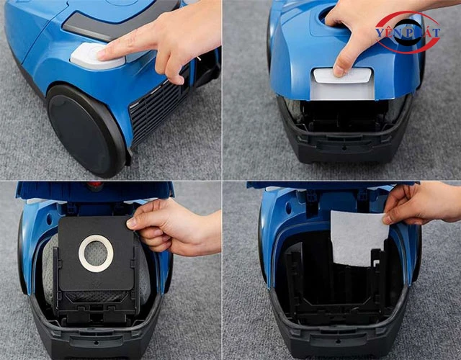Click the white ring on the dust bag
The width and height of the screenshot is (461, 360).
tap(95, 255)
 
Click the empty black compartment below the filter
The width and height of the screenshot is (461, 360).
tap(339, 288)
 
